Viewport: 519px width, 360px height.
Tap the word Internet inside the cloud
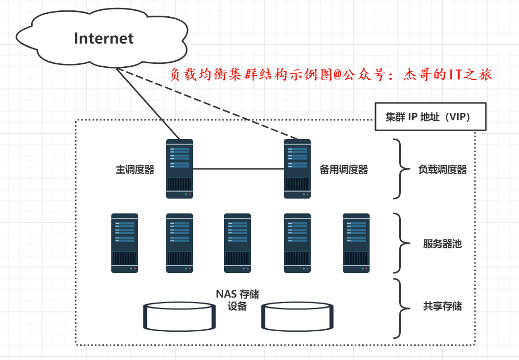click(104, 39)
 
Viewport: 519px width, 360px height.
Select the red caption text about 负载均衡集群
click(331, 75)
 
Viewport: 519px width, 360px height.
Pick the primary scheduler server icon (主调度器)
click(179, 169)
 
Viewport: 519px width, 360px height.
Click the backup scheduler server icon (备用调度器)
click(297, 169)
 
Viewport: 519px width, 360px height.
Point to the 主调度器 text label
click(135, 170)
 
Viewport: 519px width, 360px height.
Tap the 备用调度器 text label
click(344, 170)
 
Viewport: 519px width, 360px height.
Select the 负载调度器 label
click(442, 170)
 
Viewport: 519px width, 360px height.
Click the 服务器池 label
click(442, 244)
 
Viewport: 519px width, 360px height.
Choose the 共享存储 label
click(442, 307)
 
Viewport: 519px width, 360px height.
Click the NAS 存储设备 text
click(237, 300)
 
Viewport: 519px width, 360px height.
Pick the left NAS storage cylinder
click(180, 317)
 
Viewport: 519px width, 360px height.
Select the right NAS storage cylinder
click(298, 317)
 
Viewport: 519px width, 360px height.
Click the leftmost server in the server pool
click(124, 243)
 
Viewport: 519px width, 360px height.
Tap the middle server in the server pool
click(237, 243)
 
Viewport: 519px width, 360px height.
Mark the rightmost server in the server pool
click(356, 243)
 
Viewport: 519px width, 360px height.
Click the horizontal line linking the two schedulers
click(238, 169)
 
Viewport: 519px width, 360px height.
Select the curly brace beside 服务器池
click(402, 243)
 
